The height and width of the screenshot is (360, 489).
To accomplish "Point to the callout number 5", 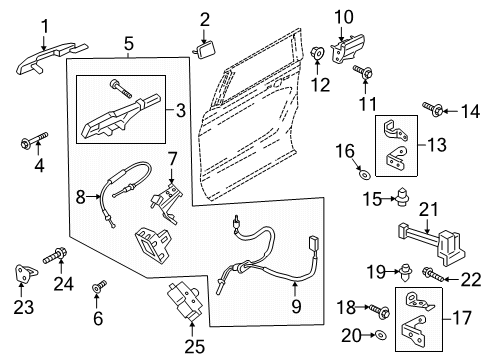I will point(128,44).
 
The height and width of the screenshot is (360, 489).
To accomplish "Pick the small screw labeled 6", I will point(97,291).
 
